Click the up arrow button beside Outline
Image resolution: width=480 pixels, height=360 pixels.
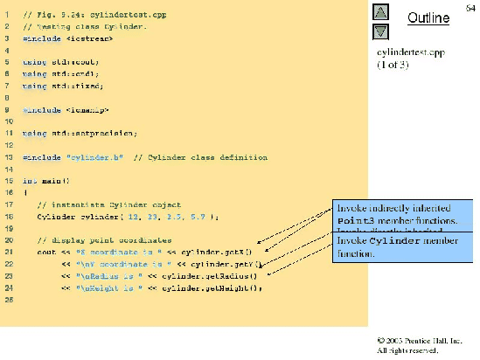380,12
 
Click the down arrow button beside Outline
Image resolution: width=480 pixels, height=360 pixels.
380,31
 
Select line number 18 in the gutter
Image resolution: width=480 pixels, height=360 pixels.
7,216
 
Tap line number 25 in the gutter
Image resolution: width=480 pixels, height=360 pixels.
7,300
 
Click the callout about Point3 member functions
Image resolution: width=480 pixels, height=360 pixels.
403,216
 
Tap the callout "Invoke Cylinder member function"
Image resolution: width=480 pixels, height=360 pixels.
403,246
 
